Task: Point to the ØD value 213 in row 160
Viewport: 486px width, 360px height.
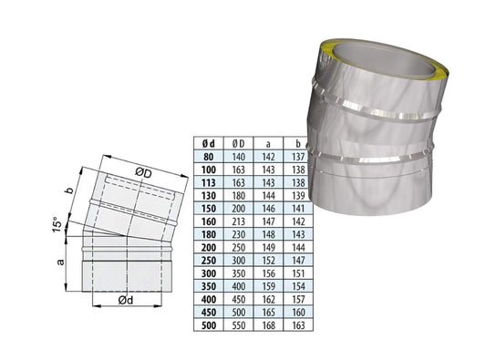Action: (238, 220)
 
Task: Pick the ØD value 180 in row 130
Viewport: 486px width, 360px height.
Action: (238, 195)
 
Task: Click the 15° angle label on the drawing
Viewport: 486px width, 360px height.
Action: (57, 222)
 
